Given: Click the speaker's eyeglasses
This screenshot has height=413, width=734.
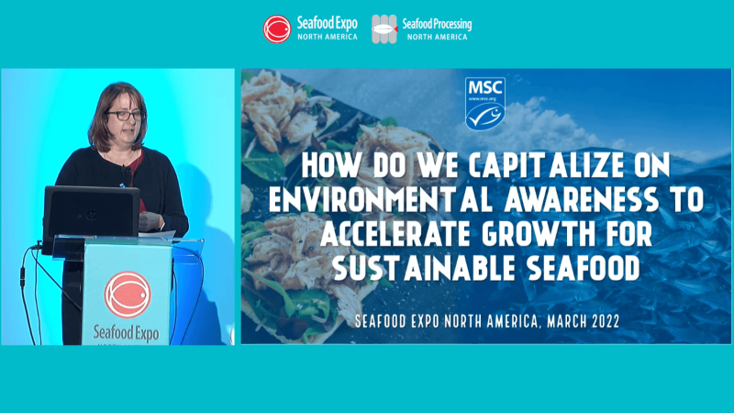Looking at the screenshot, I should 125,116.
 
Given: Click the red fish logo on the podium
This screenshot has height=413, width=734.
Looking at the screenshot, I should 126,293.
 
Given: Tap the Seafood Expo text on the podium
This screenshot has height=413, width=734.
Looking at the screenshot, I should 127,330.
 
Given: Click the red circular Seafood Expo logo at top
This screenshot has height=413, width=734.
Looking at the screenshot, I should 277,28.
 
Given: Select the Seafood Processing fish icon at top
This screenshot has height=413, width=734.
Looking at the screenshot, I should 384,28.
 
